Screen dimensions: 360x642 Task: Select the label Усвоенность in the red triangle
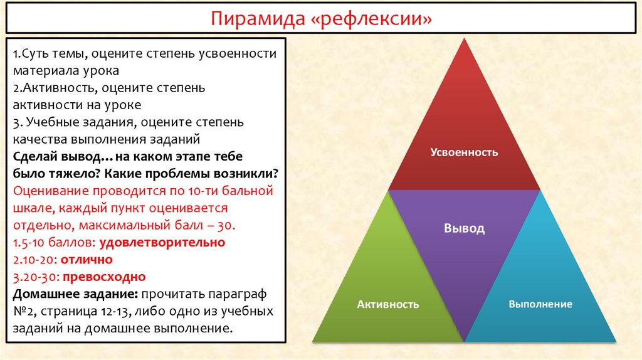point(464,152)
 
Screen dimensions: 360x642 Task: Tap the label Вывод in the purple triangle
point(464,228)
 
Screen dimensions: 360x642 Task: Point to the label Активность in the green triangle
point(387,304)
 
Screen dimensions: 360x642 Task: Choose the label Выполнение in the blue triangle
point(540,304)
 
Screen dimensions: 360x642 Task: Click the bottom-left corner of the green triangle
point(313,342)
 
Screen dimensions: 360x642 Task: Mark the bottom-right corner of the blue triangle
point(616,342)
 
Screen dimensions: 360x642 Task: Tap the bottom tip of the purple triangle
point(464,341)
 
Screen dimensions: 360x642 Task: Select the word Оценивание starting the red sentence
point(50,190)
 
